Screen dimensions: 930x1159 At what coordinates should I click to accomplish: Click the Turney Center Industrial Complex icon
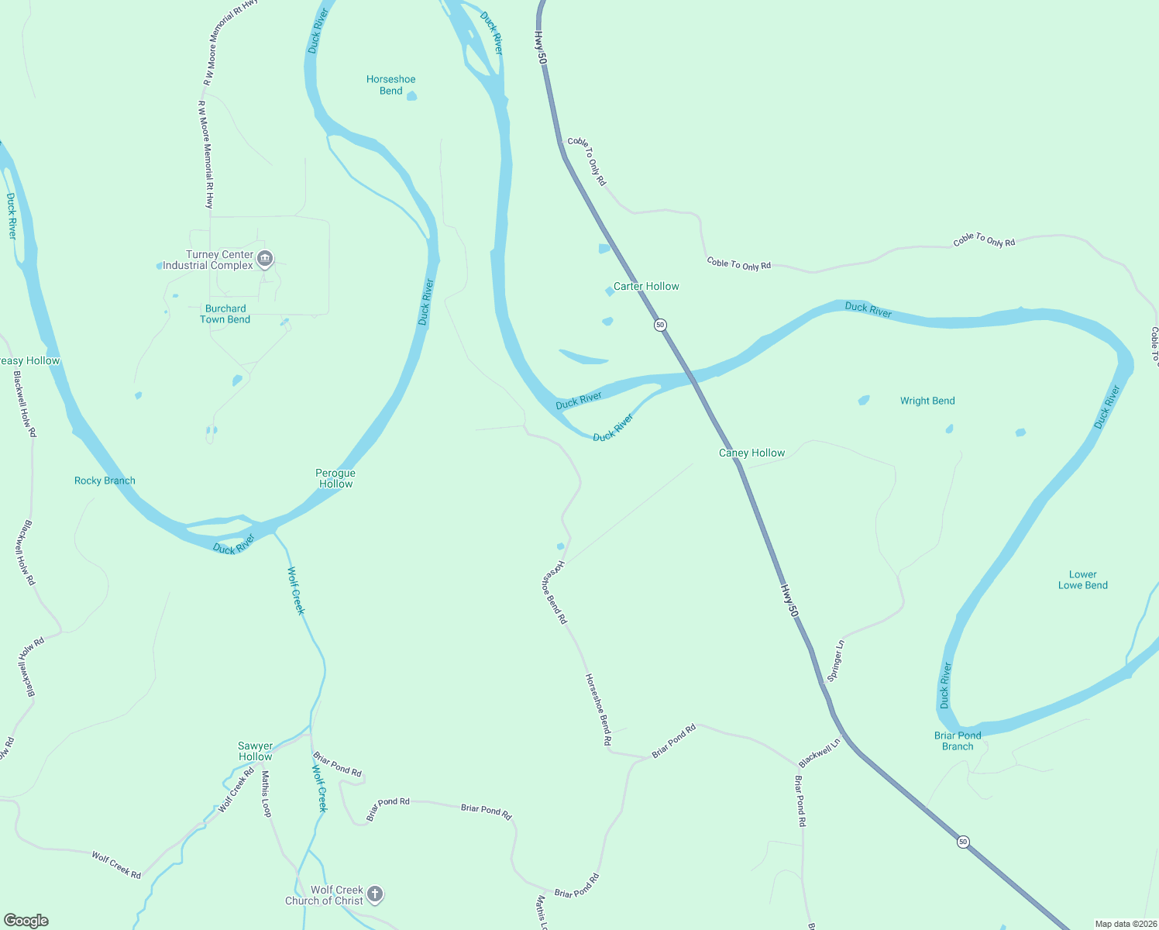(265, 259)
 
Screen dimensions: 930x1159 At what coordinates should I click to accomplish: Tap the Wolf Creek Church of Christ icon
(375, 895)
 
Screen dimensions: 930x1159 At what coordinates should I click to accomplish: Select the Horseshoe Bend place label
(391, 85)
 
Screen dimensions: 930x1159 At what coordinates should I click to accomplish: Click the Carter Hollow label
(646, 287)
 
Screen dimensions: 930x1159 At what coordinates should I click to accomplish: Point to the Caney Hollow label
(751, 453)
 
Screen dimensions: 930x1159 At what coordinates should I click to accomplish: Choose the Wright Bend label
(927, 401)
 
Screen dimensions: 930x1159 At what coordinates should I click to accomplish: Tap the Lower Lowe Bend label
(1083, 580)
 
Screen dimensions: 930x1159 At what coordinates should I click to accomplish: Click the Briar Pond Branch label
(958, 741)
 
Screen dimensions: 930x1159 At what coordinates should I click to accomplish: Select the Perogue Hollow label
(335, 478)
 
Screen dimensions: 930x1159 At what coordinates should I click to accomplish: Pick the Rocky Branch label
(105, 481)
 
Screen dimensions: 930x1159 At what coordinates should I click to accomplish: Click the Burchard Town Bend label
(225, 314)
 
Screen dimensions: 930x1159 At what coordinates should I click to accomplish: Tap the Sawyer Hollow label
(256, 751)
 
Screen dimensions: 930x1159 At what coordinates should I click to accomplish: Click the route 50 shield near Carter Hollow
(660, 325)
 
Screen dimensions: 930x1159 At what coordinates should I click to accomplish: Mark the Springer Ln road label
(836, 660)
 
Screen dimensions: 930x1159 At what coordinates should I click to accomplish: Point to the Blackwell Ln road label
(820, 753)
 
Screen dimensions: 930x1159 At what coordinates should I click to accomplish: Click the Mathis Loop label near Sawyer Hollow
(267, 794)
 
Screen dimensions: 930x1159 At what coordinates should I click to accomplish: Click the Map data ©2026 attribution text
(1123, 924)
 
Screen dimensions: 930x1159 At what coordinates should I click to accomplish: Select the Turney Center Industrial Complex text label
(208, 260)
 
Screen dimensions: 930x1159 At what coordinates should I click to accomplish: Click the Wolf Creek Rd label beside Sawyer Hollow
(236, 790)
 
